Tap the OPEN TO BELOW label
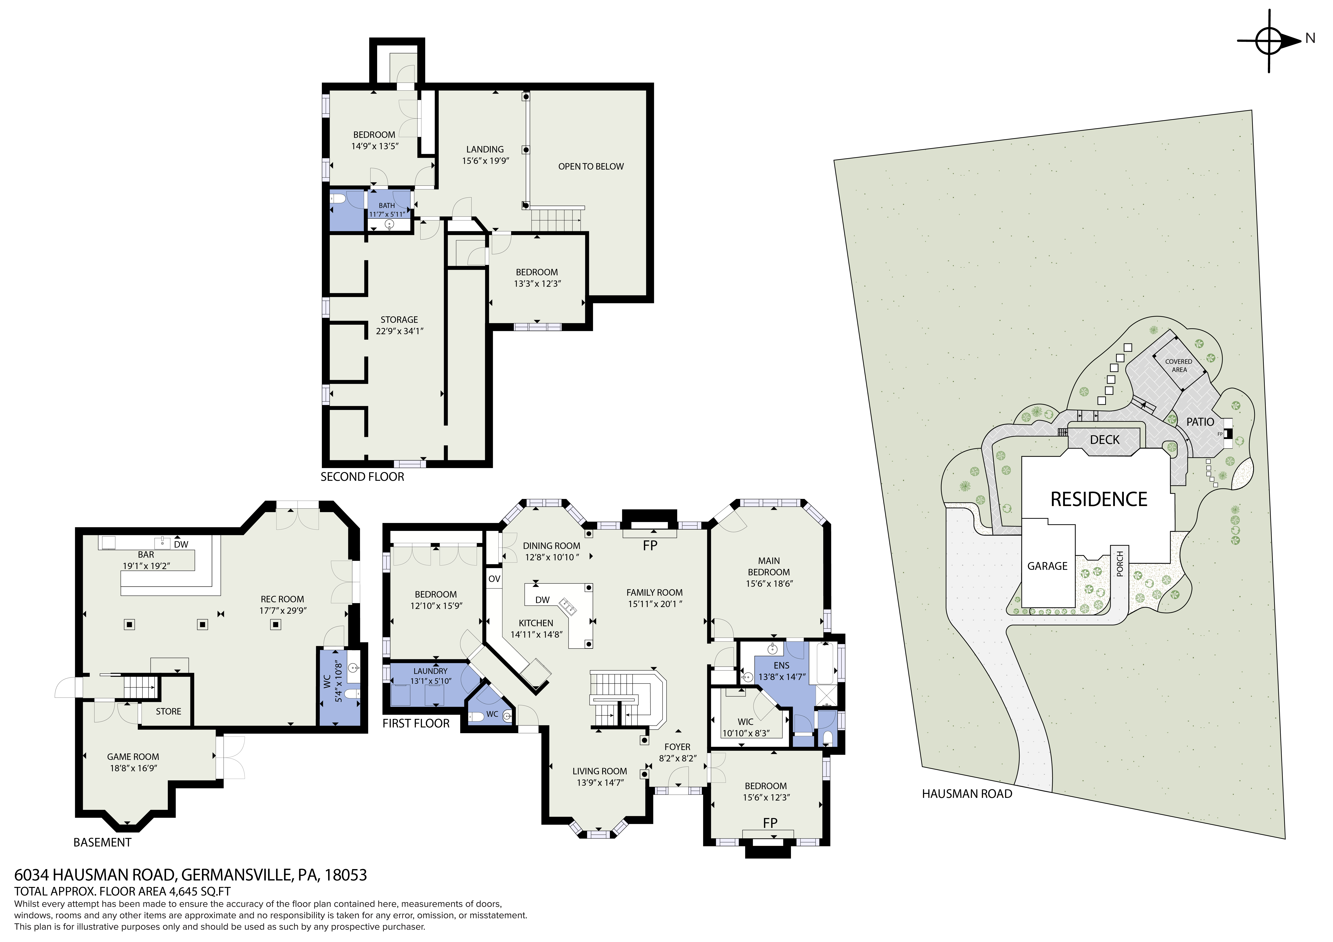tap(591, 167)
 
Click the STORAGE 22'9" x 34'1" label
tap(399, 325)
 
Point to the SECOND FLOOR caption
tap(362, 477)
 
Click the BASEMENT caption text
tap(102, 842)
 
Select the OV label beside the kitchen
tap(494, 579)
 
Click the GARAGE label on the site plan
tap(1047, 566)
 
